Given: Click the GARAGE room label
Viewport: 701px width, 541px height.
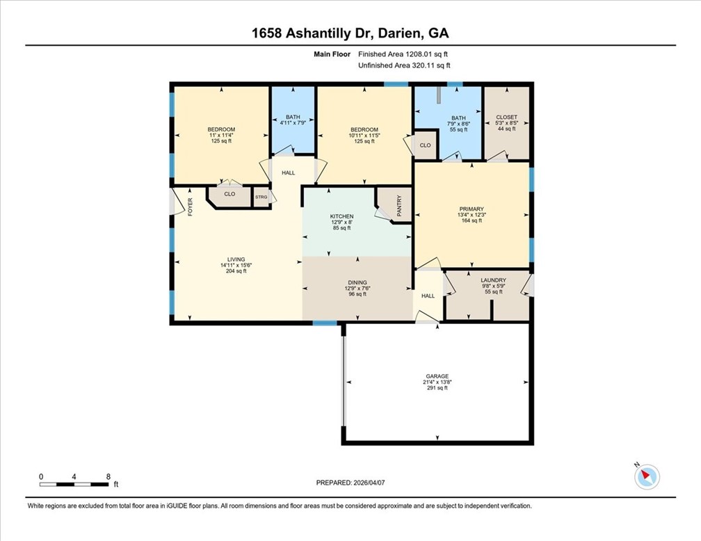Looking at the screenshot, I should pos(437,376).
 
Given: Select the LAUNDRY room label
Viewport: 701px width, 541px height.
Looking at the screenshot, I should pos(494,280).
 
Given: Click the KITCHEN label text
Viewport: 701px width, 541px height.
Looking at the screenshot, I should pos(341,216).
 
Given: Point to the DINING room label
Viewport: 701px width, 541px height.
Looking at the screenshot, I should pos(357,282).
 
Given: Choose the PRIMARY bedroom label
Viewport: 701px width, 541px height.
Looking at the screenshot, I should pos(471,209).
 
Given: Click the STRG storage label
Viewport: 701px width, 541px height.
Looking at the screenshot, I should pos(261,197).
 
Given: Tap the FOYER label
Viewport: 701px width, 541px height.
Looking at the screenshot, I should pos(190,207).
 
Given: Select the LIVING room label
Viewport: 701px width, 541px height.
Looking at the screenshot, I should pos(236,259).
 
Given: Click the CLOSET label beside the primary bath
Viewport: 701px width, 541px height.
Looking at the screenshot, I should pos(506,117).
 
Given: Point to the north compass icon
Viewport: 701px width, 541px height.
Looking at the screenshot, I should pos(647,476).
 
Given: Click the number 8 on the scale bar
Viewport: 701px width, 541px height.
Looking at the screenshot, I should pos(108,476).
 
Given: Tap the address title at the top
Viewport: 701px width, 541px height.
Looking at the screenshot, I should pos(350,33).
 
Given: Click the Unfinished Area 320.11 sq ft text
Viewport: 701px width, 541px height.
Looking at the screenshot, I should pos(404,65).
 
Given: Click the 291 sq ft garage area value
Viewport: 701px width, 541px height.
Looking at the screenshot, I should pos(437,388).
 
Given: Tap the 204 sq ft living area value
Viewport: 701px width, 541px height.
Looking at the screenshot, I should pos(236,271).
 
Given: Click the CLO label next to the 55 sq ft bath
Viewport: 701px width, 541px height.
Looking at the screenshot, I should pos(425,145).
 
